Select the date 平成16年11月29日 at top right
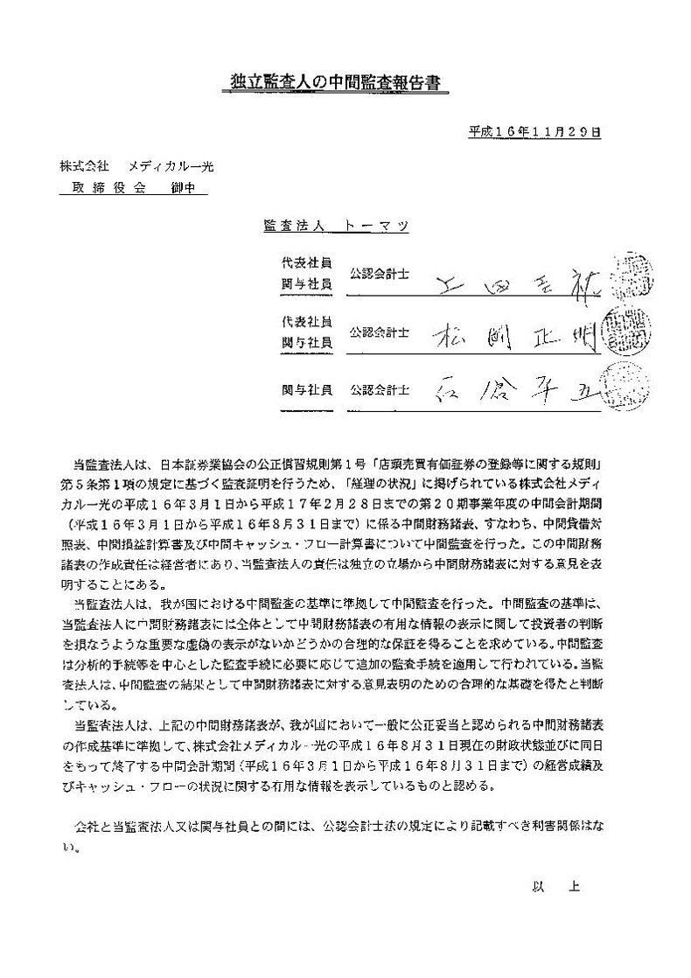[534, 133]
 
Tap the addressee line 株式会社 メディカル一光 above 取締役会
[136, 165]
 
